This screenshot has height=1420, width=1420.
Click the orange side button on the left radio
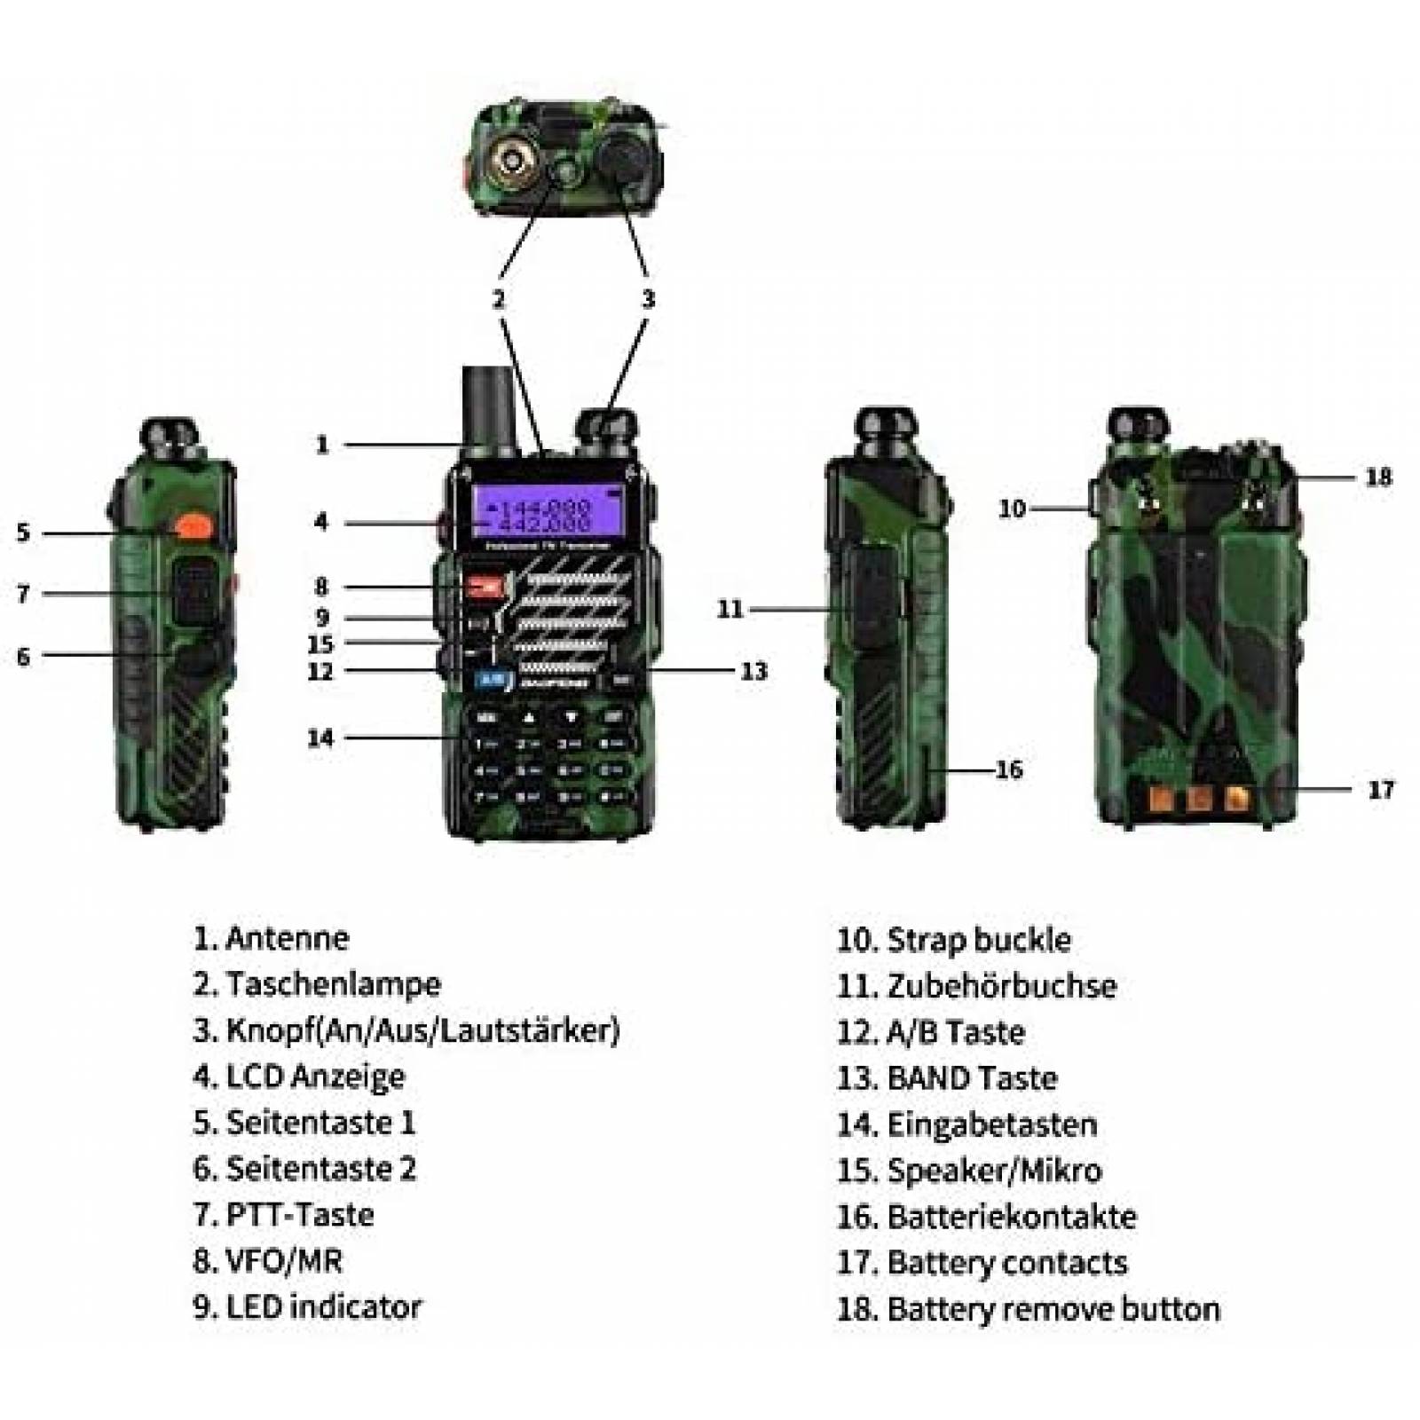pos(191,526)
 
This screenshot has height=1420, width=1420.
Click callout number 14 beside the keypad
pos(320,738)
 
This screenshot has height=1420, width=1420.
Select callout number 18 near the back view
pos(1377,477)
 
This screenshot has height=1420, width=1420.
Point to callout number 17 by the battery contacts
pos(1380,789)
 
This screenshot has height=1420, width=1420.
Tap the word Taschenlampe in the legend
pos(333,984)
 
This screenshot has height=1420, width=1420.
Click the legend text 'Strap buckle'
pos(978,940)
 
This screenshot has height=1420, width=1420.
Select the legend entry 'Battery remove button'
pos(1053,1309)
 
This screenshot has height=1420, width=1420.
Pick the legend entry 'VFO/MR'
pos(284,1261)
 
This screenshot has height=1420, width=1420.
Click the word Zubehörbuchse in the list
pos(1001,986)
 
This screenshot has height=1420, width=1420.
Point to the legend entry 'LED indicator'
pos(323,1307)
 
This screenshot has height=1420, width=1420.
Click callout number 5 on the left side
pos(24,532)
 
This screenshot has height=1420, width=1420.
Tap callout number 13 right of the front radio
pos(753,671)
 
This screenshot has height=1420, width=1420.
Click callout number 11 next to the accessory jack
pos(730,609)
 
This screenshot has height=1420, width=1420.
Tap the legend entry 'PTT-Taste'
pos(300,1215)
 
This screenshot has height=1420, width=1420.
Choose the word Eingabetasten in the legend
pos(991,1124)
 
